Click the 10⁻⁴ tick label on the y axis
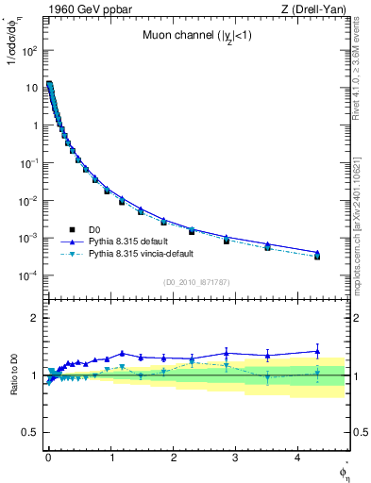28,275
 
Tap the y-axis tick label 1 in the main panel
35,125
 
